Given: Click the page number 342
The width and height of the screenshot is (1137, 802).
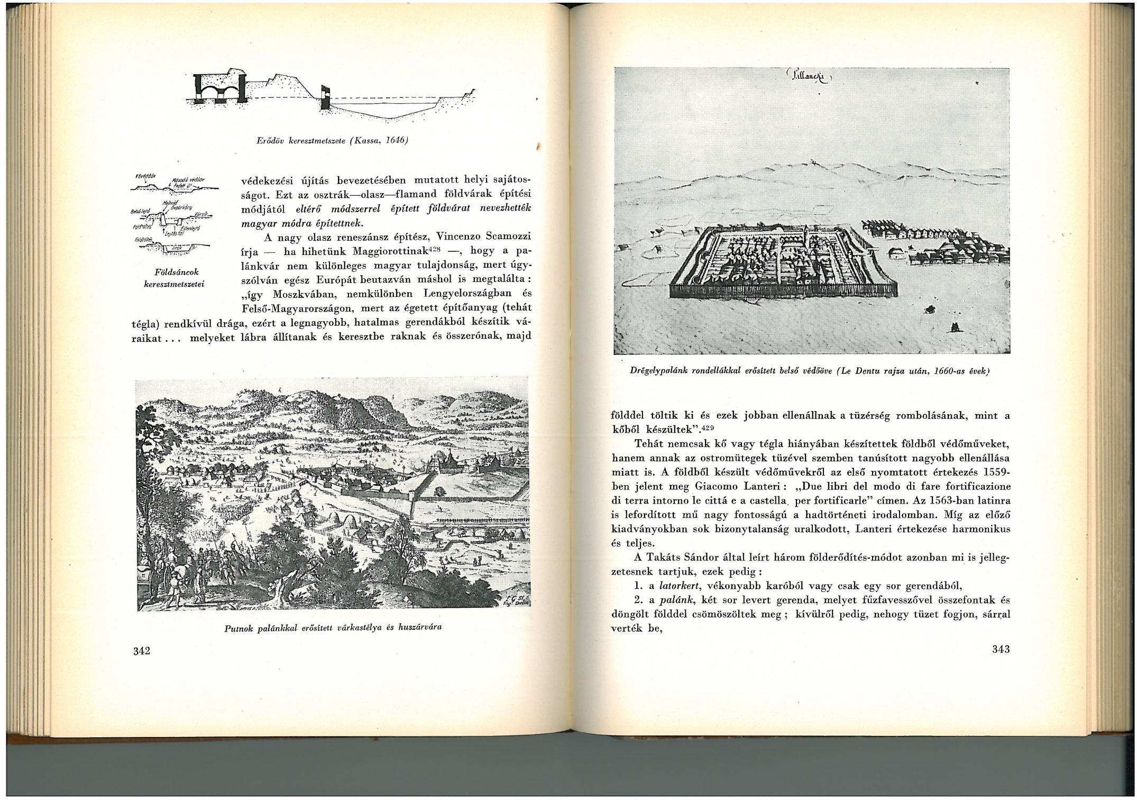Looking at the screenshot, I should coord(142,651).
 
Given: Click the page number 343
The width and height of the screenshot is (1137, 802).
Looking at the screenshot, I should coord(1001,649).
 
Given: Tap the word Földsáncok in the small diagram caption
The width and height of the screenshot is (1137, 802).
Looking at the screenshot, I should coord(176,272).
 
